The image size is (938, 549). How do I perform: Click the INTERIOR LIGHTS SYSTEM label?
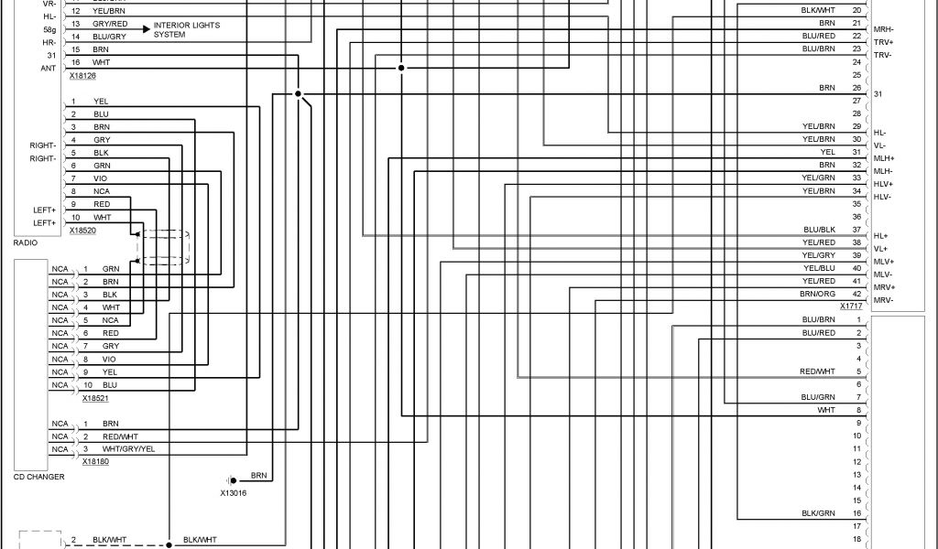tap(187, 30)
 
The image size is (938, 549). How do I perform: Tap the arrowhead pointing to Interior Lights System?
tap(146, 29)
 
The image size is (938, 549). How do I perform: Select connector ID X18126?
tap(82, 76)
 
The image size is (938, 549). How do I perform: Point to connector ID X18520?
tap(82, 231)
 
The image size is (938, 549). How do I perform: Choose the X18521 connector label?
tap(95, 398)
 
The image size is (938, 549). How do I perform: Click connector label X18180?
tap(95, 462)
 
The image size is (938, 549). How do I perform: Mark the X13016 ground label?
tap(233, 493)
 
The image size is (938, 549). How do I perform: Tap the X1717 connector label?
tap(851, 306)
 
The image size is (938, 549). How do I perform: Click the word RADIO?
tap(26, 243)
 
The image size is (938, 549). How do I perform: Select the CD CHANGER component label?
tap(38, 477)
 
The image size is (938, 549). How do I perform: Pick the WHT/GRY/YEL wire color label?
tap(128, 449)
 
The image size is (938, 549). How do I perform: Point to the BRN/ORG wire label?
tap(818, 294)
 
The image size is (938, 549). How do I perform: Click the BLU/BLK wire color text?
tap(819, 230)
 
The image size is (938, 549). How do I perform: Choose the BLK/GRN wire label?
tap(819, 513)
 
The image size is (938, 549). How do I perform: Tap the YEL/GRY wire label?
tap(819, 255)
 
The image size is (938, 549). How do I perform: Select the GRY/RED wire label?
tap(110, 23)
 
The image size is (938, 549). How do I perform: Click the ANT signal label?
tap(49, 68)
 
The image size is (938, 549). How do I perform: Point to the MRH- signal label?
tap(884, 30)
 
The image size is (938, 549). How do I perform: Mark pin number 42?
tap(856, 294)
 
